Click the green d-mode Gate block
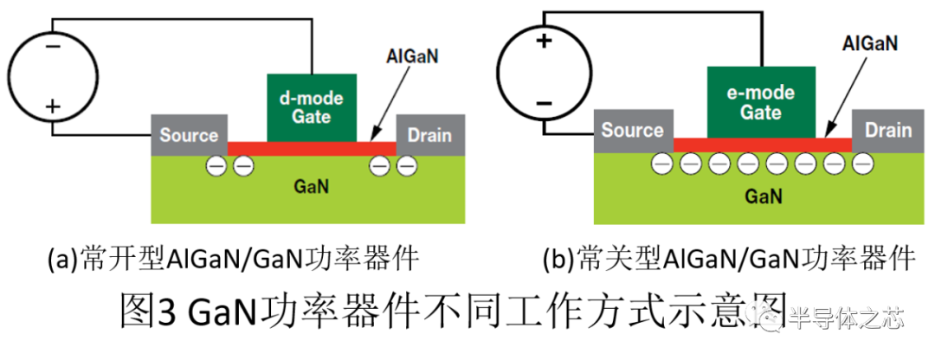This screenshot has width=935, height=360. [x=312, y=108]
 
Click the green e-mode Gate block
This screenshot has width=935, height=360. [x=761, y=102]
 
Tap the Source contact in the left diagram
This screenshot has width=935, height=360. [x=189, y=135]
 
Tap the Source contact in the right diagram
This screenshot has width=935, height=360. [x=633, y=131]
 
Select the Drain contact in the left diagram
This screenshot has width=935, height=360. [x=430, y=135]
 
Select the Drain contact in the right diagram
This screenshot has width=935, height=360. [x=888, y=131]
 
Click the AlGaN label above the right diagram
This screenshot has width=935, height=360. [x=871, y=44]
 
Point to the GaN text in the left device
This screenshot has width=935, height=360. [x=312, y=187]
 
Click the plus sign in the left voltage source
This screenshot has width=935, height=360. [x=53, y=107]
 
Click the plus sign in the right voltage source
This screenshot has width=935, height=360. [x=543, y=42]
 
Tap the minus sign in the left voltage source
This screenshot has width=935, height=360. [x=53, y=47]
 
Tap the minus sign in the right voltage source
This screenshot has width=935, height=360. [x=543, y=103]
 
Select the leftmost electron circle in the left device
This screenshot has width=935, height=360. [x=216, y=165]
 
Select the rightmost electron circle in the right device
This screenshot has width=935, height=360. [x=863, y=163]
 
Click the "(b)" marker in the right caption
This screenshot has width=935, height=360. [x=558, y=260]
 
